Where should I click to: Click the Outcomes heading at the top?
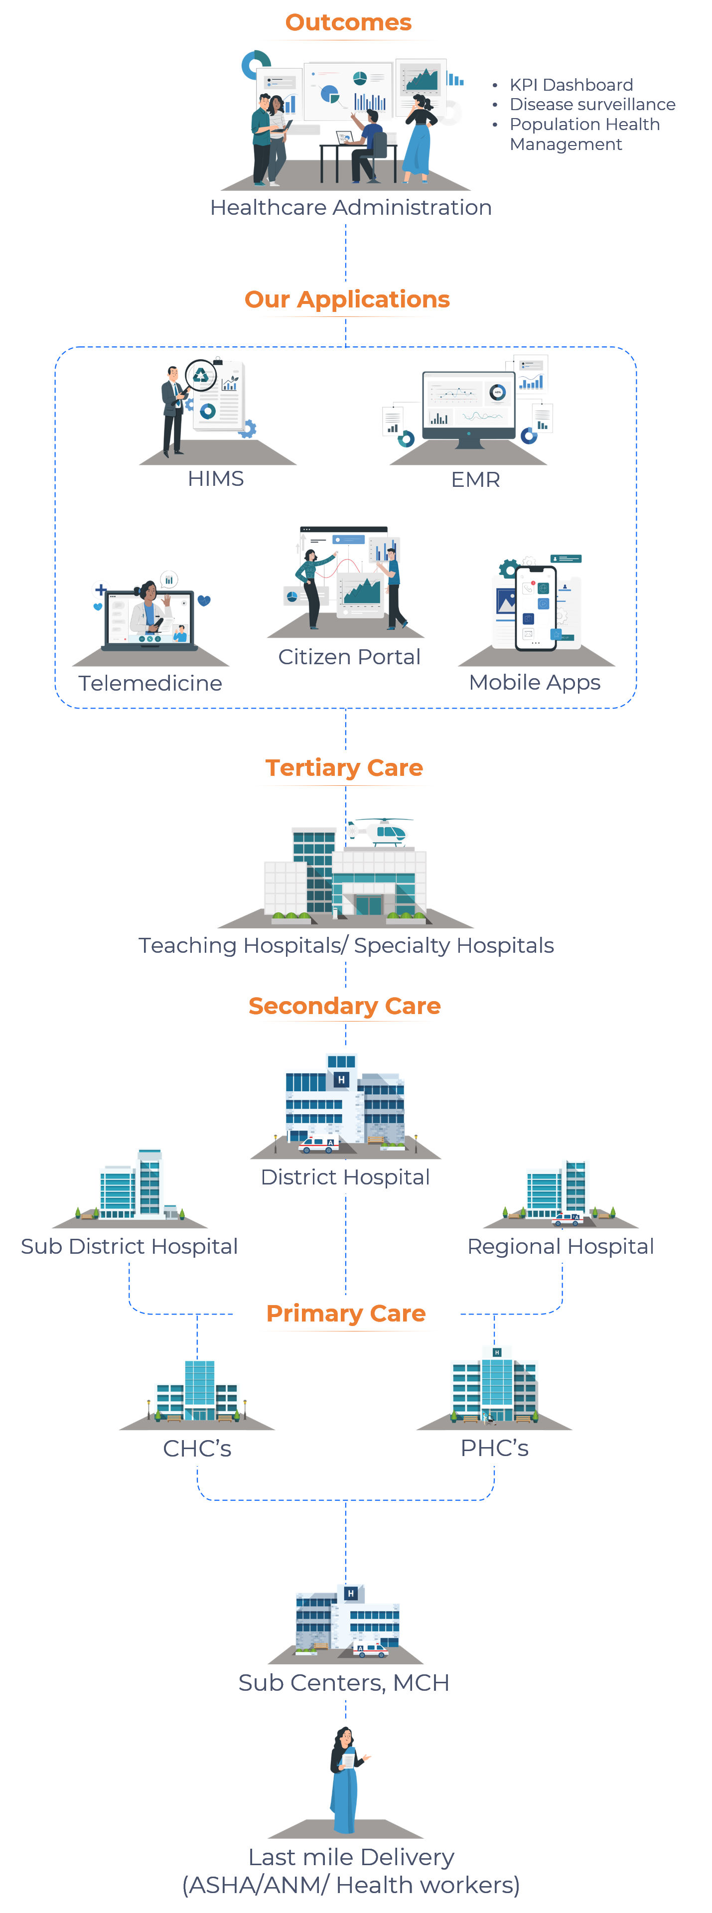348,22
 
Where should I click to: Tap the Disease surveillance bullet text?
592,105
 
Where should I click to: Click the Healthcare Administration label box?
350,207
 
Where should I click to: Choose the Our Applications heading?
347,299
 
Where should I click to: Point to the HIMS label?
215,479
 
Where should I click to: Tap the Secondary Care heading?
344,1006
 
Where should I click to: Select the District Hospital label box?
344,1177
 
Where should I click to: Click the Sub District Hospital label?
129,1246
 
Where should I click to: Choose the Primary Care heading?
346,1314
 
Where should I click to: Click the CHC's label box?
197,1448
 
